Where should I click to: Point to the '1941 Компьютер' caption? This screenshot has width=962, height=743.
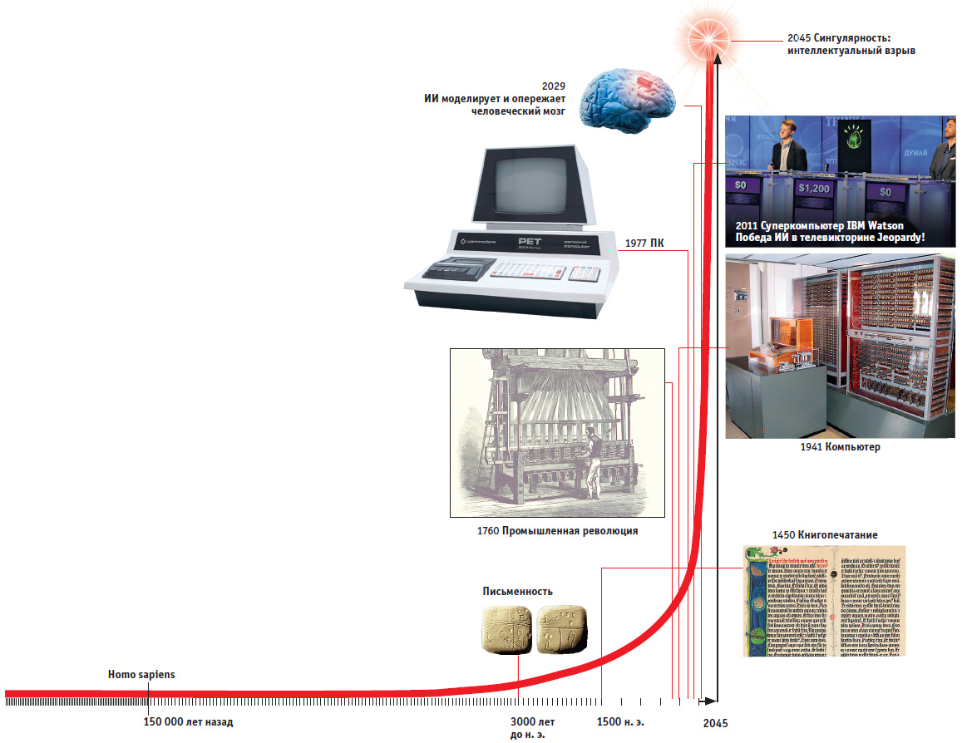(841, 447)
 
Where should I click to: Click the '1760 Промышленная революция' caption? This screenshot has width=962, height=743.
(558, 531)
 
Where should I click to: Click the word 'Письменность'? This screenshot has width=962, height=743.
(518, 592)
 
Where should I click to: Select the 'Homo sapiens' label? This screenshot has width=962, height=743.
(141, 675)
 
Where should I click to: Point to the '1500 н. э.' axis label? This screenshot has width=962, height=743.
(620, 721)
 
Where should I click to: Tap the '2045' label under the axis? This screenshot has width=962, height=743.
(715, 724)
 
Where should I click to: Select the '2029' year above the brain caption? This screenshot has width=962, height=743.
(553, 86)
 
